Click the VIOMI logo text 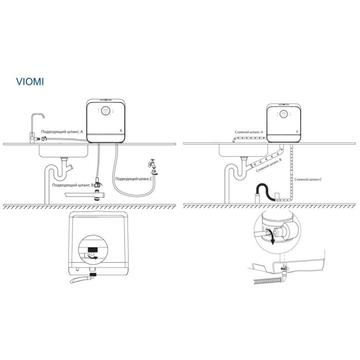pyautogui.click(x=30, y=82)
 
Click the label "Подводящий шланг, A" pyautogui.click(x=62, y=132)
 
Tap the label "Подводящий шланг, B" pyautogui.click(x=73, y=185)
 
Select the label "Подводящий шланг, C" pyautogui.click(x=134, y=178)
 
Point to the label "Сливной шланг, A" pyautogui.click(x=249, y=132)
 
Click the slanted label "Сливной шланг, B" pyautogui.click(x=268, y=165)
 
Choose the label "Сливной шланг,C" pyautogui.click(x=308, y=179)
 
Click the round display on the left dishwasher pyautogui.click(x=105, y=111)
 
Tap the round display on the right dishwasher pyautogui.click(x=284, y=114)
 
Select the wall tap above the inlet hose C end pyautogui.click(x=152, y=163)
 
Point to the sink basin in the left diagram pyautogui.click(x=63, y=151)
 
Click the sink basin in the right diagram pyautogui.click(x=243, y=151)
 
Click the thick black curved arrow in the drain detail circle pyautogui.click(x=272, y=237)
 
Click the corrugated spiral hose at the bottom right pyautogui.click(x=267, y=281)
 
